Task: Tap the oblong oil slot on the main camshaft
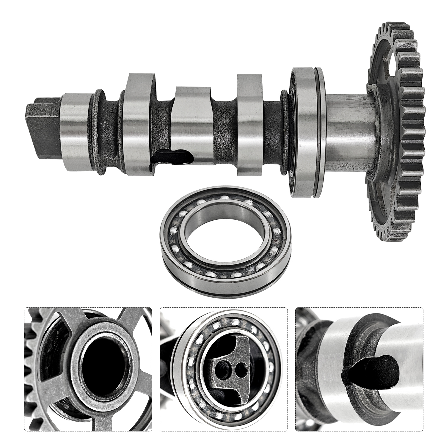[172, 157]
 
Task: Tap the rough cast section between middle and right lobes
[224, 131]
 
